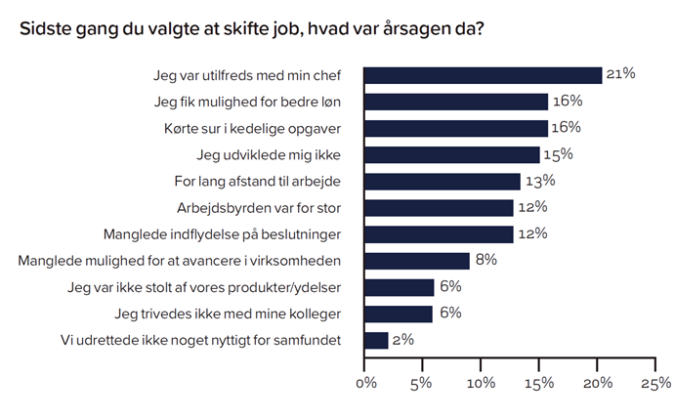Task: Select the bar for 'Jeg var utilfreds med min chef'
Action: coord(483,75)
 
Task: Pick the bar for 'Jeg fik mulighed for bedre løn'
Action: coord(455,102)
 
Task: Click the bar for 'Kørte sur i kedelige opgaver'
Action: coord(455,128)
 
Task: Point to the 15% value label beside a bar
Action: coord(558,154)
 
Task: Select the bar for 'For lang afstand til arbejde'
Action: coord(442,181)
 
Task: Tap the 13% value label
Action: coord(538,181)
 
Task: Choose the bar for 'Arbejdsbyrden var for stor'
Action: coord(439,207)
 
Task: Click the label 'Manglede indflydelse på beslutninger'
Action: coord(230,234)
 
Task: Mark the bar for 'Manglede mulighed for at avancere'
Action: coord(416,261)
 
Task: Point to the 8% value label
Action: coord(485,261)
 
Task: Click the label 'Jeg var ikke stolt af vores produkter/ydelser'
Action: coord(210,287)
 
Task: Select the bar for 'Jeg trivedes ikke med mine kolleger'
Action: coord(399,314)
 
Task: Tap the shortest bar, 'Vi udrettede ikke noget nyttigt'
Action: coord(376,340)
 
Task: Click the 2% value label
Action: coord(402,340)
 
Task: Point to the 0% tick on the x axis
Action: coord(365,383)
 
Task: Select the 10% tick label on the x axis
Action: coord(481,383)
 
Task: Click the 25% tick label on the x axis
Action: coord(654,383)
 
